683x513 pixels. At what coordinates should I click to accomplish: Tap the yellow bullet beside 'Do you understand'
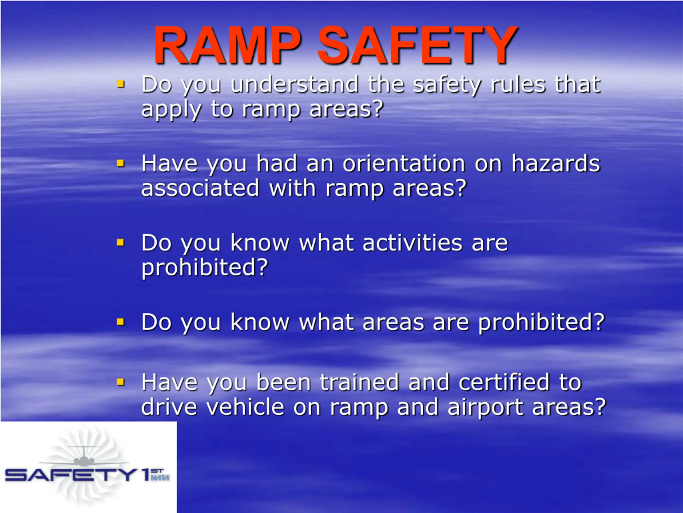(120, 84)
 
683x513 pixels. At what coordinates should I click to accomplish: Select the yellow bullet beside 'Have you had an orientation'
(120, 163)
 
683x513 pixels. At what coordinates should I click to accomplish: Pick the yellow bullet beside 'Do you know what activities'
(120, 242)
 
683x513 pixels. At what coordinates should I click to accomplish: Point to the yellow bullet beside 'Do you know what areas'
(120, 322)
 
